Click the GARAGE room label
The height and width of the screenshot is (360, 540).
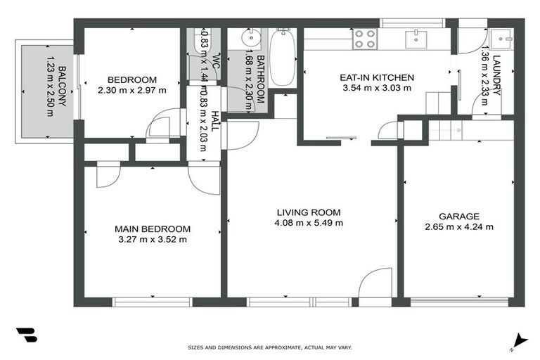pyautogui.click(x=458, y=217)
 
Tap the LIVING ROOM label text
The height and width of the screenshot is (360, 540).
pyautogui.click(x=308, y=212)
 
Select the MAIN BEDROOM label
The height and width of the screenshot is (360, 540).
pyautogui.click(x=153, y=229)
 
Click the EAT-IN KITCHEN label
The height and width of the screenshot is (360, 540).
pyautogui.click(x=378, y=78)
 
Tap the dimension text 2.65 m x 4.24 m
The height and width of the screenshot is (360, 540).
pyautogui.click(x=458, y=226)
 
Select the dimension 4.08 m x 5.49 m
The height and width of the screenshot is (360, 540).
pyautogui.click(x=308, y=223)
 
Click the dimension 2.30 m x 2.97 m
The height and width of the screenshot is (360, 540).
pyautogui.click(x=132, y=90)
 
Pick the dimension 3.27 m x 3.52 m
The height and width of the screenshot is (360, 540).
pyautogui.click(x=153, y=239)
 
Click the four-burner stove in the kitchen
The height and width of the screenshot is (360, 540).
pyautogui.click(x=364, y=38)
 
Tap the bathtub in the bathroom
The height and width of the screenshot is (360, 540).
pyautogui.click(x=283, y=58)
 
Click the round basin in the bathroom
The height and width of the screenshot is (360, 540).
pyautogui.click(x=251, y=37)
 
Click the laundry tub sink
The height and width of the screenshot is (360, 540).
pyautogui.click(x=501, y=37)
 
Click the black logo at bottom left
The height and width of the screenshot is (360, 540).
pyautogui.click(x=27, y=335)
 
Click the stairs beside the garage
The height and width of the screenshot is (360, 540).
pyautogui.click(x=444, y=129)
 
